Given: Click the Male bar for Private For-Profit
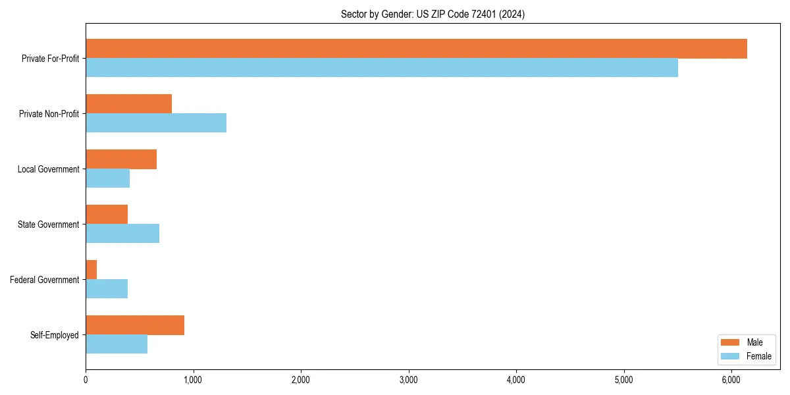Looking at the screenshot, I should click(416, 49).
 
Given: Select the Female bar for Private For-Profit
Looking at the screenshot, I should click(382, 68).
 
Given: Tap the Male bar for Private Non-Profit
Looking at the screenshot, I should click(129, 104).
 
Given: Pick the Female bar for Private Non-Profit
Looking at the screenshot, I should click(156, 123).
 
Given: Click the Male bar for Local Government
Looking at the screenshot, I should click(121, 159).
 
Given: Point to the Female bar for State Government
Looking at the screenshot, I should click(122, 234).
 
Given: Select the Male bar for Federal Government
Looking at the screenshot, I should click(92, 270).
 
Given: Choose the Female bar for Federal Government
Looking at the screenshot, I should click(107, 289).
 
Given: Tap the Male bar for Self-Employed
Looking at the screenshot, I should click(135, 325).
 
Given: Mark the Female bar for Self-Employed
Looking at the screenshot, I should click(117, 344).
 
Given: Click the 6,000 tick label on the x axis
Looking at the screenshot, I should click(731, 380).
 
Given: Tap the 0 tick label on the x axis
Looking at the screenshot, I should click(86, 380).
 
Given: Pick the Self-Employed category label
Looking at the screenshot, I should click(55, 335).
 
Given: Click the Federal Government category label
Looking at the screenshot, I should click(45, 280).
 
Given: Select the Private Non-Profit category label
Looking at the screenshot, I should click(49, 114).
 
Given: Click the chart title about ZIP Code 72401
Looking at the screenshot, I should click(433, 14).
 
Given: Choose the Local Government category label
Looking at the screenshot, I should click(48, 169).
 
